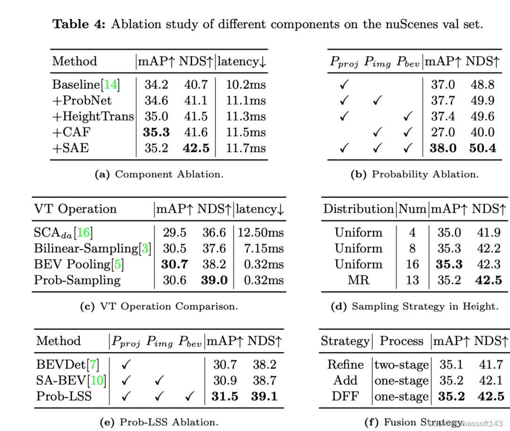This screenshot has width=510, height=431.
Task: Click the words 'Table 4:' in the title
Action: click(78, 24)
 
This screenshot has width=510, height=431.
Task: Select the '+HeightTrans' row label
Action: click(93, 117)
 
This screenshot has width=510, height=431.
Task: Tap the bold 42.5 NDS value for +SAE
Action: click(196, 148)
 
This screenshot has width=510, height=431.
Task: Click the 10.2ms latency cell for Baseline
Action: click(245, 85)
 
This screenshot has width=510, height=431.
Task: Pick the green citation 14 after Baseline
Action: click(110, 85)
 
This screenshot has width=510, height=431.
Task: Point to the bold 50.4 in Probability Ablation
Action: click(482, 148)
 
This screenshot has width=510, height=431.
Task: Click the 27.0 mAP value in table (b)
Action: click(442, 132)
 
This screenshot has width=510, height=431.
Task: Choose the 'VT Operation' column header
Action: click(75, 209)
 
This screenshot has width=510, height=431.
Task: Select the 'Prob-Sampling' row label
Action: click(77, 280)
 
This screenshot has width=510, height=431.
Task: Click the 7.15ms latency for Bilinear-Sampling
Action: click(263, 248)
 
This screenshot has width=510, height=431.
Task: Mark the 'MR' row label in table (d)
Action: click(358, 280)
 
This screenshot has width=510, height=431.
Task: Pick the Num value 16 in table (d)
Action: click(412, 264)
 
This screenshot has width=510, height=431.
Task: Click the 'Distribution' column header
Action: click(358, 209)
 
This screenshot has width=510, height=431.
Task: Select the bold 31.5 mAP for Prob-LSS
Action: click(225, 397)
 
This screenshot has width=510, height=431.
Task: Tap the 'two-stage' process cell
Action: click(401, 365)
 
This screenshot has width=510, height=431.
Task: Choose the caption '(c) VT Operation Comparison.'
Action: click(159, 306)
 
